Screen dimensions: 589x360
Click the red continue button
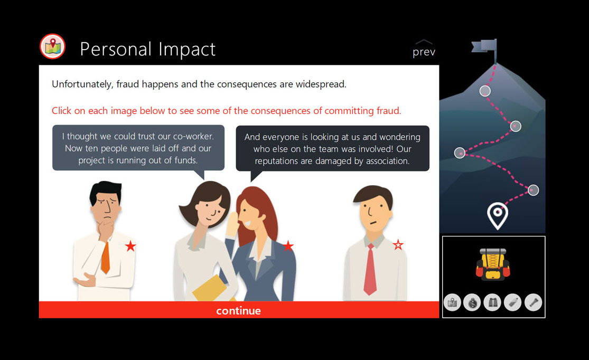(239, 310)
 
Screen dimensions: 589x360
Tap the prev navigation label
(424, 52)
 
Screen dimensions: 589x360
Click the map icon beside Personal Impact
(53, 46)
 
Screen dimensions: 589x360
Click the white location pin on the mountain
(497, 215)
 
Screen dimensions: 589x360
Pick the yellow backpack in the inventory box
(493, 264)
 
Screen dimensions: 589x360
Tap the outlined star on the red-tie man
(398, 245)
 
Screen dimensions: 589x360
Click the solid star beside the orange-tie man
(130, 247)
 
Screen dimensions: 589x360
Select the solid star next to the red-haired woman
(288, 246)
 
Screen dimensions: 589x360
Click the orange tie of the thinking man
(106, 258)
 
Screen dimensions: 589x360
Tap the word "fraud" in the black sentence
(127, 84)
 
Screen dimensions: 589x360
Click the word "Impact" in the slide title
(186, 50)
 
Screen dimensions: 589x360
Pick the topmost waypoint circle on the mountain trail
(485, 91)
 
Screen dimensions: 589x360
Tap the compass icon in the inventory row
(472, 302)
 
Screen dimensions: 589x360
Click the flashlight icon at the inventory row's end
(533, 302)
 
